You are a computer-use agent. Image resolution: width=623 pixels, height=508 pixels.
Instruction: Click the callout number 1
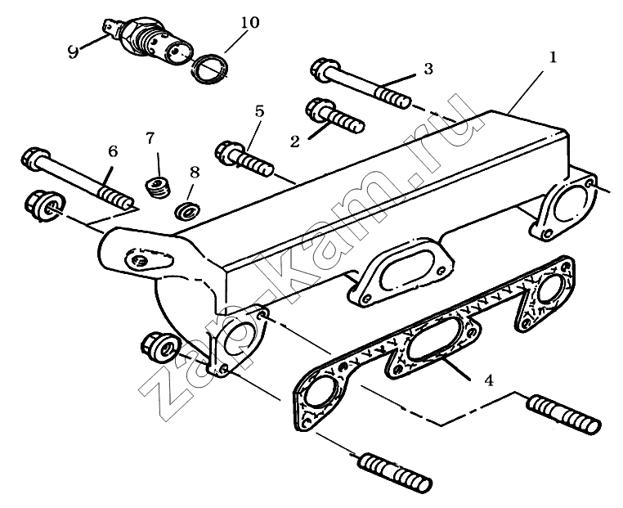(x=553, y=57)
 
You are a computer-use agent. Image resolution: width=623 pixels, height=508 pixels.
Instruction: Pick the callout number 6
(x=113, y=151)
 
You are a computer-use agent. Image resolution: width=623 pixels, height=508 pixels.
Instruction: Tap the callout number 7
(x=150, y=137)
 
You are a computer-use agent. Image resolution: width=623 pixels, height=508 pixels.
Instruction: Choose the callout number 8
(x=194, y=172)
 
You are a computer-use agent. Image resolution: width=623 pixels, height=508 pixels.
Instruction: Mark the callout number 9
(x=74, y=52)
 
